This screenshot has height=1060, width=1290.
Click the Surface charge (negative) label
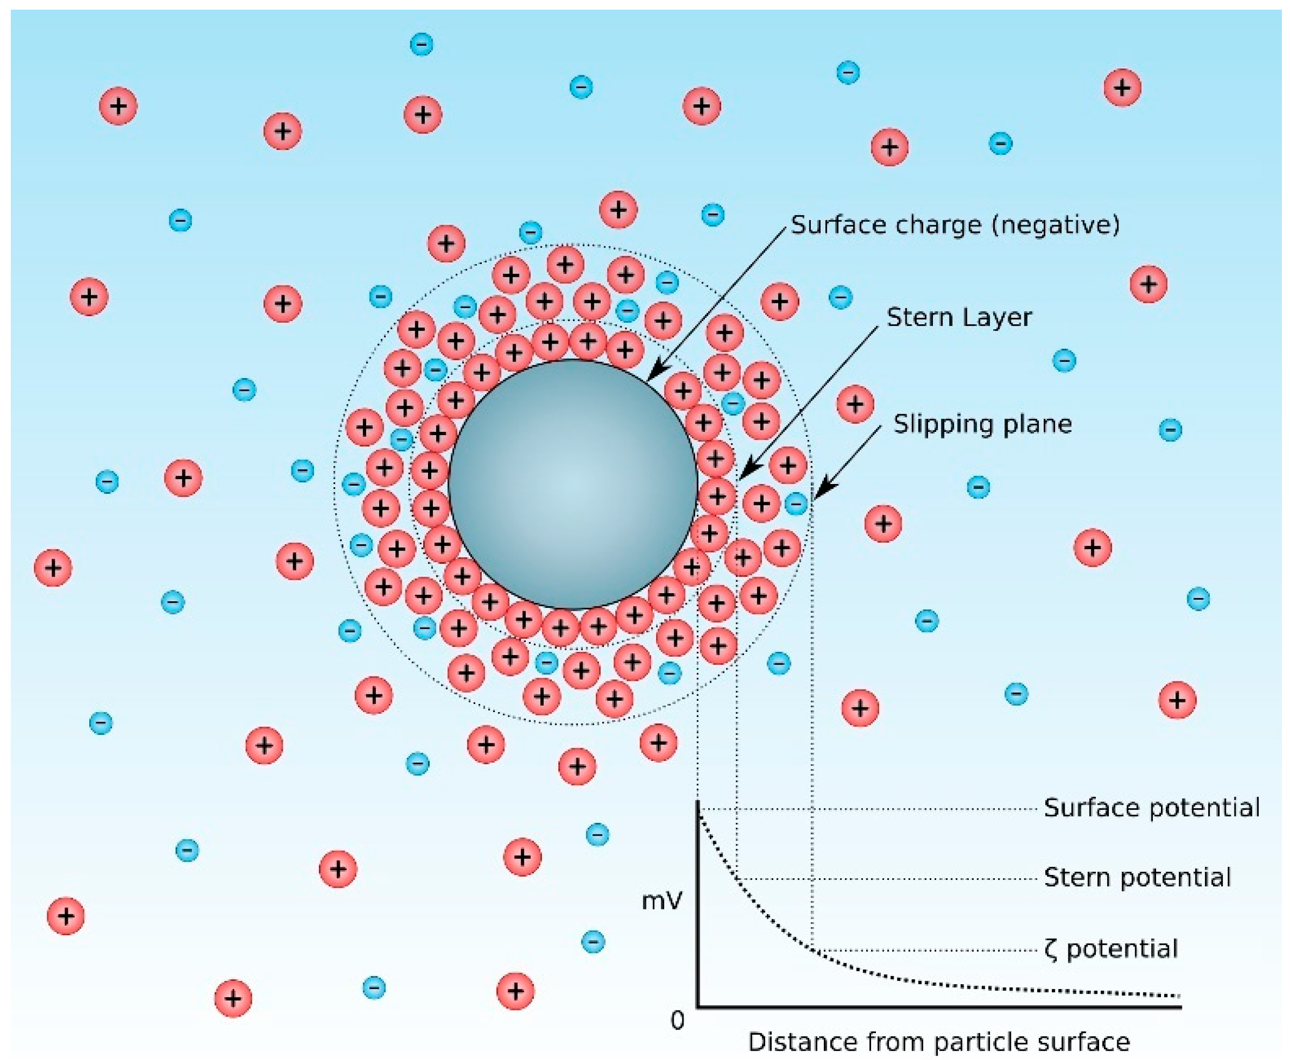[x=955, y=225]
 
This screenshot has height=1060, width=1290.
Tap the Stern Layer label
[x=959, y=317]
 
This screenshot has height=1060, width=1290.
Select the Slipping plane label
[x=982, y=424]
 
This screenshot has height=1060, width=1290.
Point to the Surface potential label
[x=1151, y=808]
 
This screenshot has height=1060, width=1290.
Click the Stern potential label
[x=1137, y=878]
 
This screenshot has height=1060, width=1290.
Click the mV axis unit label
[x=661, y=901]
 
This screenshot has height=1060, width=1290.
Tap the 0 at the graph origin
[x=677, y=1020]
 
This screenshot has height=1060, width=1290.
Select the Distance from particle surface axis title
[x=939, y=1042]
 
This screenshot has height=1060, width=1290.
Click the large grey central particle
[x=573, y=483]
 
